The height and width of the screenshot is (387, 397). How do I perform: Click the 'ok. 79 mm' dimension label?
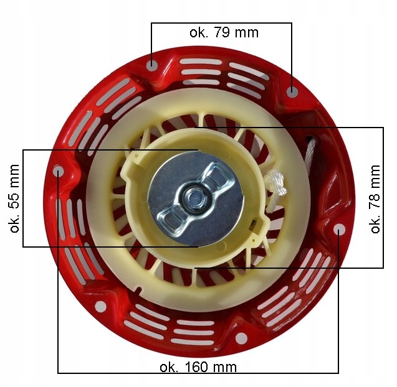[x=224, y=32]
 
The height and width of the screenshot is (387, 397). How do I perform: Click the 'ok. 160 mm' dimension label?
[x=198, y=366]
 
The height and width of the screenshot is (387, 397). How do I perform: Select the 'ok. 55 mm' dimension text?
[x=14, y=198]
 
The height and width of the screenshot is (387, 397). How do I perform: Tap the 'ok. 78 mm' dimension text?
[x=375, y=199]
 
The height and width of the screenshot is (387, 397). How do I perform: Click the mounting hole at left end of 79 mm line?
[x=152, y=66]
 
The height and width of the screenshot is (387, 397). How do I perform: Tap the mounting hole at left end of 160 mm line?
[x=58, y=172]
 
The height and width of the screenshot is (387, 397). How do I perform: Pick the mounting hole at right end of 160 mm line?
[x=339, y=230]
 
